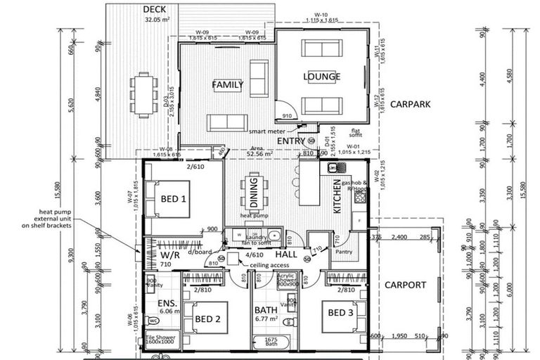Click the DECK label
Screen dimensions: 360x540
tap(154, 9)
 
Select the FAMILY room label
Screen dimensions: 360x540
tap(228, 85)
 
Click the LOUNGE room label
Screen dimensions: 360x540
tap(321, 77)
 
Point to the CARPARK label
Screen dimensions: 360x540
tap(411, 104)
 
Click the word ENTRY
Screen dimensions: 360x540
tap(290, 141)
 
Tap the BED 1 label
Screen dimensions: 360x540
tap(174, 199)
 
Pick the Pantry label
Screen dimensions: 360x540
tap(343, 252)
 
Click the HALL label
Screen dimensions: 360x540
tap(285, 253)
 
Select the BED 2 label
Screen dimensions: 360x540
tap(207, 319)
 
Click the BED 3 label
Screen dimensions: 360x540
tap(340, 312)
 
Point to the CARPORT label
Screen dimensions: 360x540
tap(406, 285)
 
